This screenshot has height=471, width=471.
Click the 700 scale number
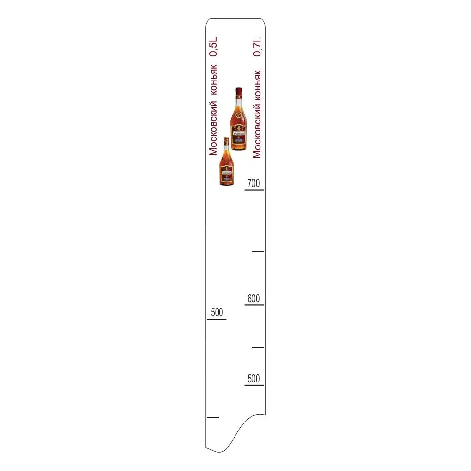point(253,183)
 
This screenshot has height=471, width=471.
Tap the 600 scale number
point(253,299)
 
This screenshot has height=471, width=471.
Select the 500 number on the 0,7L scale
point(253,379)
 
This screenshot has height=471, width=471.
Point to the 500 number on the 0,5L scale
point(217,312)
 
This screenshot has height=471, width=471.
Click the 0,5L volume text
point(213,47)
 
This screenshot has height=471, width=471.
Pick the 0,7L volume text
point(257,47)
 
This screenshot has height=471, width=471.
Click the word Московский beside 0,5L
point(213,128)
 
